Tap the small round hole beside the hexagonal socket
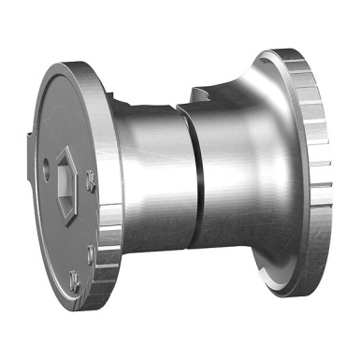point(47,171)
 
